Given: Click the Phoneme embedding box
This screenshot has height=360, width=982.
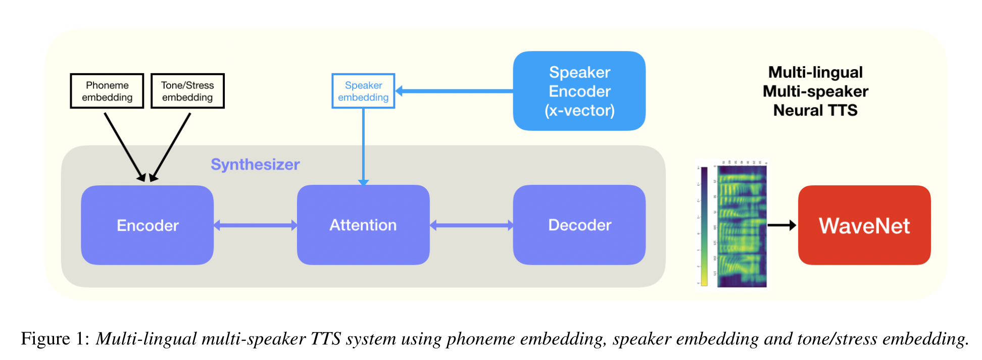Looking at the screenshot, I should [x=107, y=91].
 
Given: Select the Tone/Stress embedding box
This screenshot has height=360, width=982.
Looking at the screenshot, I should [x=187, y=91].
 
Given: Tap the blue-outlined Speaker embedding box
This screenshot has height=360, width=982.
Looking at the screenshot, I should [x=363, y=91].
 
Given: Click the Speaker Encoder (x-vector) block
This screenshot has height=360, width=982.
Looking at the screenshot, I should [x=579, y=91].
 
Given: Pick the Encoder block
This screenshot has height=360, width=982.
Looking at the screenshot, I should [x=147, y=225].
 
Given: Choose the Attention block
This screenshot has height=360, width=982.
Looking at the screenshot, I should [x=363, y=225].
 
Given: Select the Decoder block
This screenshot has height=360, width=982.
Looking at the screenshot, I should [x=579, y=225].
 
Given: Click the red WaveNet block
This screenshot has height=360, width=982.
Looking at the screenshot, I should [x=864, y=225].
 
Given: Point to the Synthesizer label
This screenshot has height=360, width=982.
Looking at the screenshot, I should [x=255, y=165].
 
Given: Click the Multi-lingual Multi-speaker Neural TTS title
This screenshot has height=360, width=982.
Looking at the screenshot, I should [x=815, y=91].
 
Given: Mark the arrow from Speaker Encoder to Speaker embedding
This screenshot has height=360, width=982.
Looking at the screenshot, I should [x=455, y=91].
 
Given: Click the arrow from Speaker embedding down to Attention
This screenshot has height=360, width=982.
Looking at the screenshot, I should [x=363, y=146].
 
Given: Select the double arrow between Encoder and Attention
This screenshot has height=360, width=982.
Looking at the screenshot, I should [x=255, y=225].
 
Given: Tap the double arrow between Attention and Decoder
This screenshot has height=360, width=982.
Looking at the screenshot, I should [x=471, y=225].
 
